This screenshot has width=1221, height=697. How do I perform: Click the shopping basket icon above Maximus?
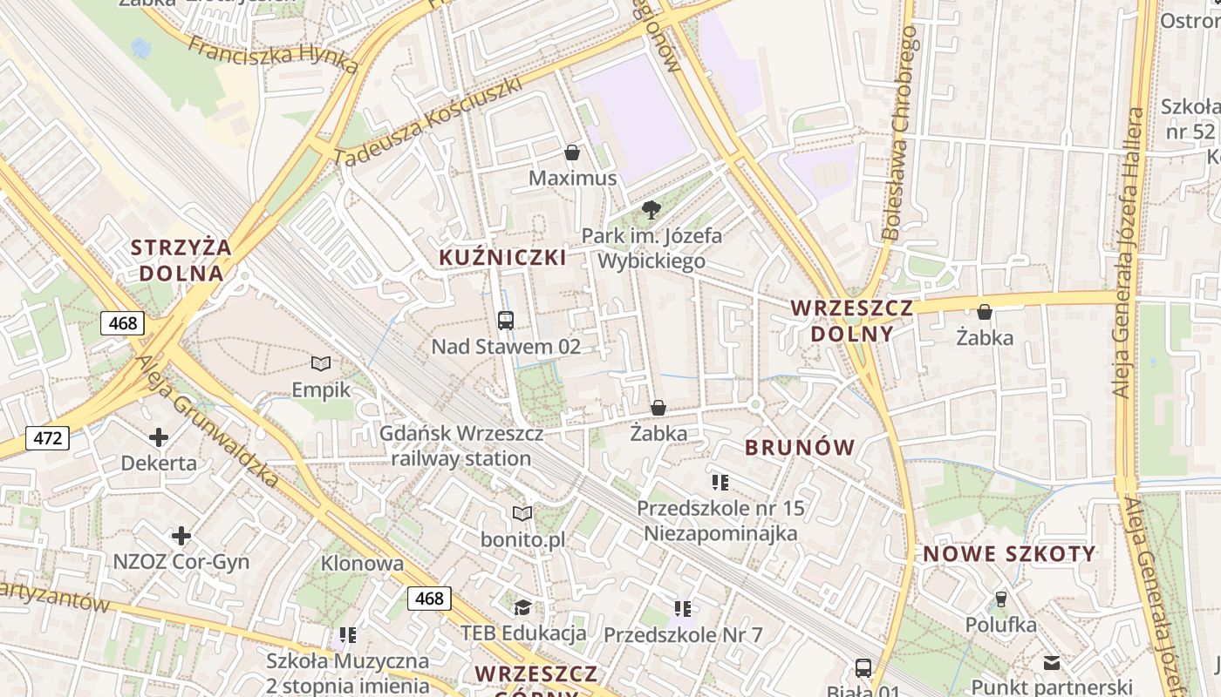pos(572,153)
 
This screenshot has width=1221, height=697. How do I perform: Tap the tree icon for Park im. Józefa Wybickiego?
pos(651,210)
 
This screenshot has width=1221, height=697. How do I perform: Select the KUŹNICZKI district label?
pos(502,257)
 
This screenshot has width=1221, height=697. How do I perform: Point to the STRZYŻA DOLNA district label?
pos(181,260)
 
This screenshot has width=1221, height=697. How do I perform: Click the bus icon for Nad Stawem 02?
pos(506,320)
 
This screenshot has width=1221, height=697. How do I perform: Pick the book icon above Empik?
pos(321,363)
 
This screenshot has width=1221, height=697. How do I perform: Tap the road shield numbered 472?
pos(47,437)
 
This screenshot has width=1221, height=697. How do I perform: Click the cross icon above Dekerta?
pos(159,436)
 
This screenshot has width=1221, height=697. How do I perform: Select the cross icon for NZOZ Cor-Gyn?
pos(181,535)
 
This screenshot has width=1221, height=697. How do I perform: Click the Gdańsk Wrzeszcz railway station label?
pos(461,446)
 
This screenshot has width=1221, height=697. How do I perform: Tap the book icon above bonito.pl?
pos(522,514)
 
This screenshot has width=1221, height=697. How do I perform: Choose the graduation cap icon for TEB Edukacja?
pos(522,607)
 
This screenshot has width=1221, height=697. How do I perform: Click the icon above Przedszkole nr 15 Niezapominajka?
pos(720,481)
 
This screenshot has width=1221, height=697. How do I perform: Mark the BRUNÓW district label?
pos(800,448)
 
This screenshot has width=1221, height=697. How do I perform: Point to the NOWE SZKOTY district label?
pos(1009,554)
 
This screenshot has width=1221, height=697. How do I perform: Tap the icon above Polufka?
pos(1000,599)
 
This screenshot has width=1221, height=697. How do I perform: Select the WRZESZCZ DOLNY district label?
pos(852,321)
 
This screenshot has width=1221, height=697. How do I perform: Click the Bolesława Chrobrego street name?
pos(901,132)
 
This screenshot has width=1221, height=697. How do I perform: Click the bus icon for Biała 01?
pos(863,668)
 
